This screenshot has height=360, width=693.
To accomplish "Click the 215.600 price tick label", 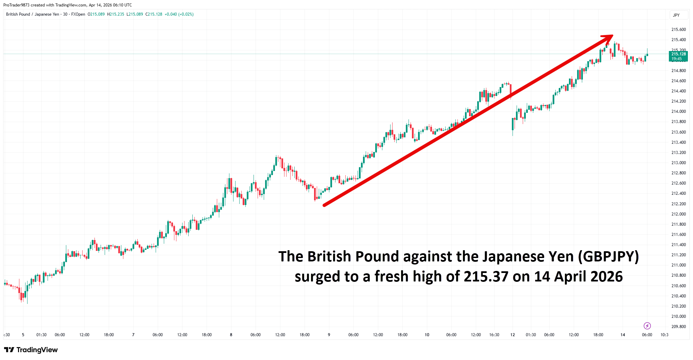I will pyautogui.click(x=678, y=30).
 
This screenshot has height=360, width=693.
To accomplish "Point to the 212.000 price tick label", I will pyautogui.click(x=678, y=214).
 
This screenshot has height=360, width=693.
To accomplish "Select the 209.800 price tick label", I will pyautogui.click(x=678, y=327).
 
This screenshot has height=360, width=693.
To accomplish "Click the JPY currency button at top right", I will pyautogui.click(x=676, y=15).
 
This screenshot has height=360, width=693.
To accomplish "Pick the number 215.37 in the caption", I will pyautogui.click(x=486, y=277).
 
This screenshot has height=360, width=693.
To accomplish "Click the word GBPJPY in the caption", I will pyautogui.click(x=608, y=257).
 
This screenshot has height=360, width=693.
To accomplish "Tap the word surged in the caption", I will pyautogui.click(x=317, y=277).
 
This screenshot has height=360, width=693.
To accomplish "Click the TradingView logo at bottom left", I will pyautogui.click(x=31, y=350).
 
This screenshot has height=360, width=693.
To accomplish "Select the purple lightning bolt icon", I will pyautogui.click(x=647, y=326).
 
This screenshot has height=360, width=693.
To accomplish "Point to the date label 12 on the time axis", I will pyautogui.click(x=513, y=335).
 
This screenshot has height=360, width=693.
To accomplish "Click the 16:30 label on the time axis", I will pyautogui.click(x=494, y=335).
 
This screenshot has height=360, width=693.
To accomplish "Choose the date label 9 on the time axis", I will pyautogui.click(x=329, y=335).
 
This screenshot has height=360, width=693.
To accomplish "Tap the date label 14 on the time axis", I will pyautogui.click(x=623, y=335).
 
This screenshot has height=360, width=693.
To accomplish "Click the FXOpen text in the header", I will pyautogui.click(x=78, y=14).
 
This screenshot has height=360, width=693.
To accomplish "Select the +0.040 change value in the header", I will pyautogui.click(x=171, y=14).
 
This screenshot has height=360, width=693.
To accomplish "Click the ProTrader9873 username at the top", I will pyautogui.click(x=16, y=5).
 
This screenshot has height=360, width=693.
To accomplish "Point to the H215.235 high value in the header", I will pyautogui.click(x=116, y=14).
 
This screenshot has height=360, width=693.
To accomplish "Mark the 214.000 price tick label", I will pyautogui.click(x=678, y=112).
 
